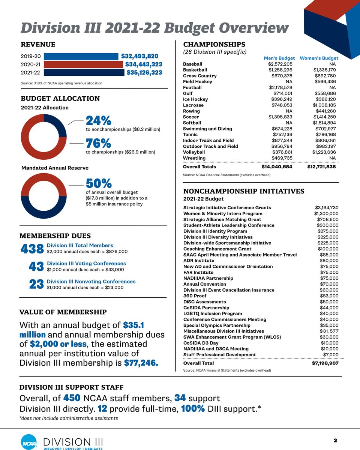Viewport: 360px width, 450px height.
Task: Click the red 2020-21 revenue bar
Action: click(x=83, y=64)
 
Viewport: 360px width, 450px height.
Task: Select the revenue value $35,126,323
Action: click(x=144, y=72)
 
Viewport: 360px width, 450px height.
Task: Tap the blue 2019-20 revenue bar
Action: click(x=81, y=57)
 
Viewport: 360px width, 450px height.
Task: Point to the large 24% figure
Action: click(x=99, y=121)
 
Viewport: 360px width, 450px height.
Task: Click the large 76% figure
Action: click(x=98, y=143)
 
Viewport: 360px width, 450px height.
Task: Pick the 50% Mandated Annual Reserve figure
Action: click(x=99, y=183)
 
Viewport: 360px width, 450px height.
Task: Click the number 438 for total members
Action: click(x=32, y=249)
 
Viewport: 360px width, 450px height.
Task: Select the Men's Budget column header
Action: click(x=279, y=58)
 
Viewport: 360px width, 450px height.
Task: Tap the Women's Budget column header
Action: click(x=319, y=58)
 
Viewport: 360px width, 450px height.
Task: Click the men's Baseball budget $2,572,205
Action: click(x=280, y=64)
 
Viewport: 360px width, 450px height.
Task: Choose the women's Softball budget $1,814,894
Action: click(x=324, y=123)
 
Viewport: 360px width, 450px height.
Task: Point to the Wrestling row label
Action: click(x=194, y=158)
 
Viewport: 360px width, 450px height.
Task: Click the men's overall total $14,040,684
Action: click(x=277, y=166)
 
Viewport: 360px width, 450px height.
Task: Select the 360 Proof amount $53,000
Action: click(x=329, y=296)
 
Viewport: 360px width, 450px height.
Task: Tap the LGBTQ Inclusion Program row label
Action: click(x=213, y=313)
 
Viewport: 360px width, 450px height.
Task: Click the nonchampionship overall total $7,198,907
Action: click(x=325, y=363)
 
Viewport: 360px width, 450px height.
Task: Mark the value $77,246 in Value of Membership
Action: click(x=141, y=363)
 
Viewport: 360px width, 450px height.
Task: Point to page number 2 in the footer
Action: click(x=335, y=441)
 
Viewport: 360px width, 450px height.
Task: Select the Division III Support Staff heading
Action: click(x=71, y=387)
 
